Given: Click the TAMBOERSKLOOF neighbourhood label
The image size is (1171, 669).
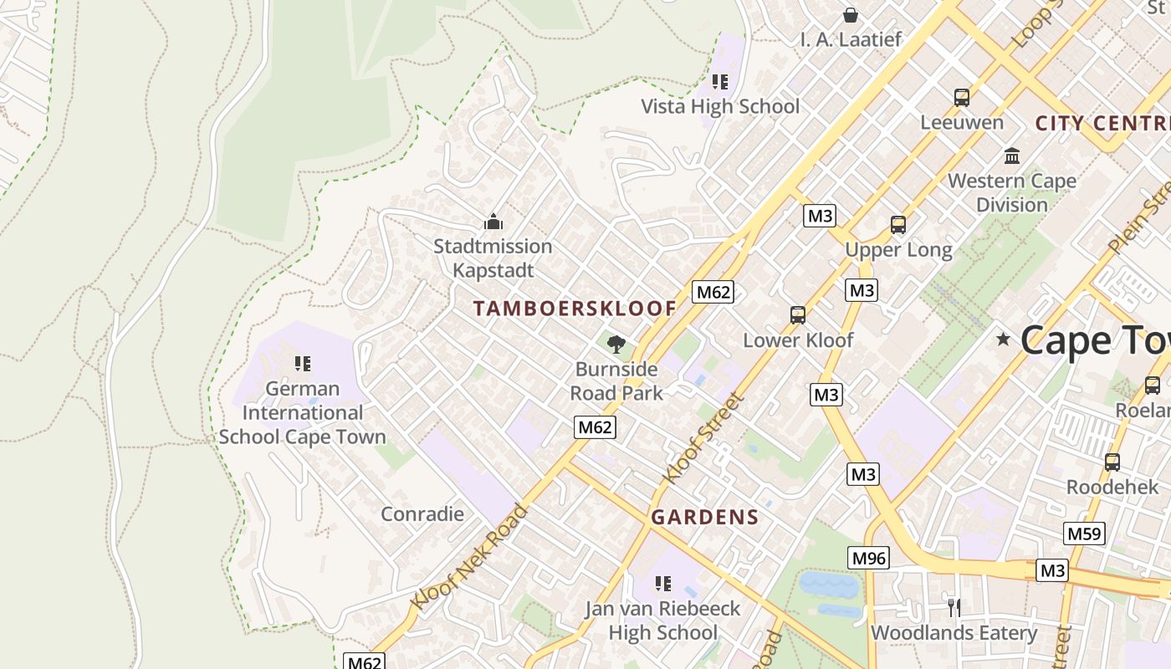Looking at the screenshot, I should tap(574, 309).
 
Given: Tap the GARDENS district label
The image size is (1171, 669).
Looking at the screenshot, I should tap(704, 517).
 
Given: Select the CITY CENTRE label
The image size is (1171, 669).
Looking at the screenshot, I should tap(1102, 124).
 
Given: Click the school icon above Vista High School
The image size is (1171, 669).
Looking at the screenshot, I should tap(720, 82).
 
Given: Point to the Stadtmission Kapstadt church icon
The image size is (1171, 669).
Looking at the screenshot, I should tap(493, 222).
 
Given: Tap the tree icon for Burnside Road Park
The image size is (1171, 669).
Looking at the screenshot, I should tap(616, 344).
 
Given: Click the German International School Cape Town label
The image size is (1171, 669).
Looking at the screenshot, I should tap(303, 412).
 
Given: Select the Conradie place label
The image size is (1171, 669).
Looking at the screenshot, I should tap(422, 513).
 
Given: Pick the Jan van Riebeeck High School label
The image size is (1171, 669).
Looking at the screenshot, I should tap(662, 620).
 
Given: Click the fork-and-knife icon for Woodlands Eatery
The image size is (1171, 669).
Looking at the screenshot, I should tap(954, 607).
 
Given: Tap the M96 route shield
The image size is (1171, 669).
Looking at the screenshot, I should tap(867, 558).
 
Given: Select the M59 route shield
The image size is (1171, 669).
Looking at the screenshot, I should tap(1084, 534).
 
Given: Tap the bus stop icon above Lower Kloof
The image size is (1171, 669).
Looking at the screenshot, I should tap(798, 315).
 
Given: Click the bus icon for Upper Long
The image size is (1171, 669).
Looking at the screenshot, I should tap(898, 225).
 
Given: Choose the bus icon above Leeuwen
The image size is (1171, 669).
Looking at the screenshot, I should tap(962, 97).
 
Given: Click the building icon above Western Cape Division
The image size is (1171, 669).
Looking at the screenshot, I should tap(1012, 156).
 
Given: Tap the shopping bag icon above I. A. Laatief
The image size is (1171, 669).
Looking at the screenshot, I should tap(851, 15).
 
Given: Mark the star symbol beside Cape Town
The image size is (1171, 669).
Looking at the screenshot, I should tap(1003, 340).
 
